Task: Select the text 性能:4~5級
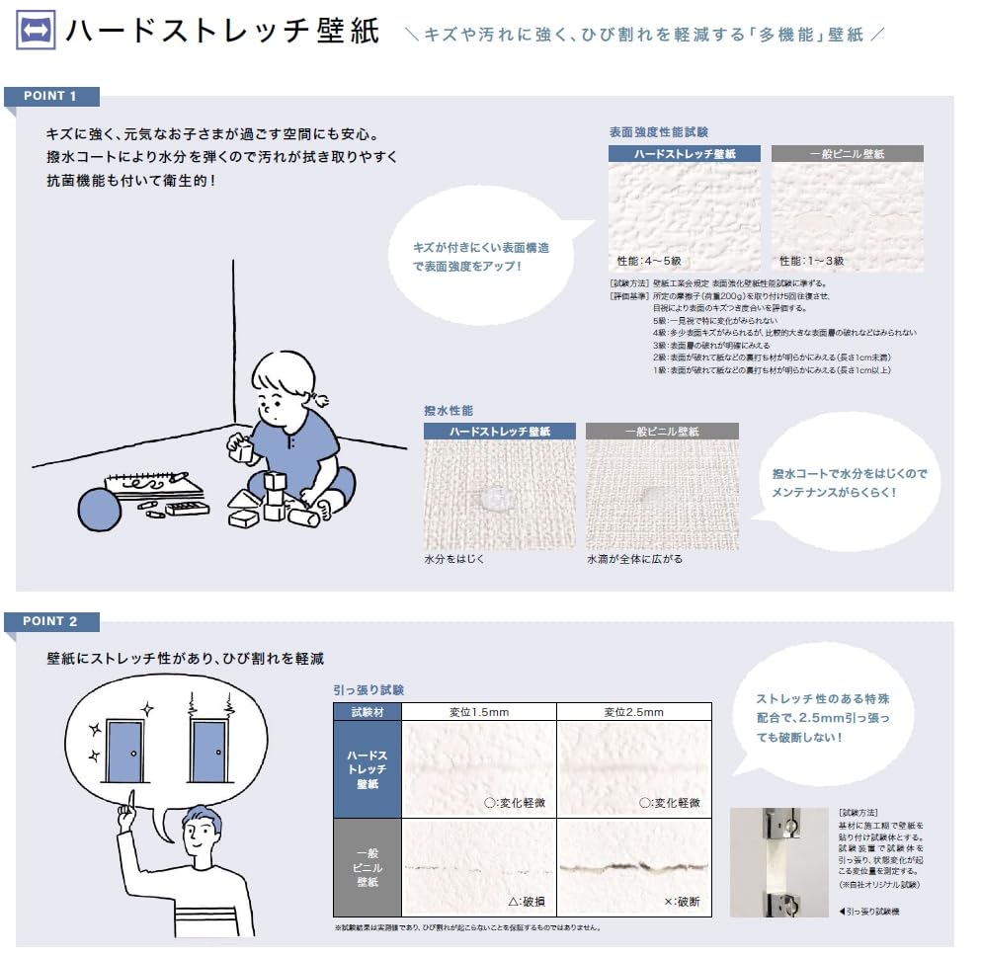click(649, 261)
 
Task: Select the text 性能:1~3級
click(811, 261)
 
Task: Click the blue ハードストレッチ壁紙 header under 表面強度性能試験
click(684, 154)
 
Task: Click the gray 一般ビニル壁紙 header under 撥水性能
click(661, 431)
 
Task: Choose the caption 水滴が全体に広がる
click(633, 559)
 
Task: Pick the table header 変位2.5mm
click(633, 712)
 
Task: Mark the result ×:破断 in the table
click(682, 901)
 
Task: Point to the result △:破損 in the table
click(527, 901)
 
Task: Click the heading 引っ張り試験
click(369, 690)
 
